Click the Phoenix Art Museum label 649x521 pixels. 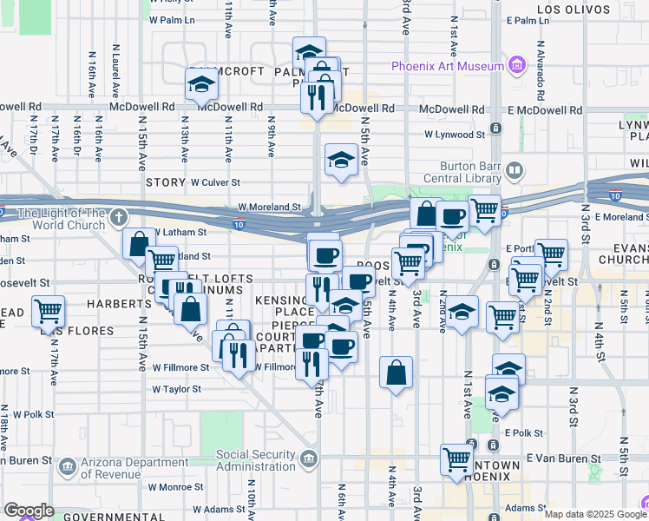(x=447, y=66)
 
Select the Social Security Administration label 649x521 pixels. (x=256, y=460)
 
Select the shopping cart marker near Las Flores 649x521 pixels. (x=49, y=311)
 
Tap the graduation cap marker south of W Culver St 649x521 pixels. (x=341, y=160)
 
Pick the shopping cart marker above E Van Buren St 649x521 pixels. (x=456, y=458)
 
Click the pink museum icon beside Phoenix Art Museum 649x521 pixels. (x=517, y=65)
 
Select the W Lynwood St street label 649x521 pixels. (x=454, y=135)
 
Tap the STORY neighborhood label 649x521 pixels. (x=166, y=182)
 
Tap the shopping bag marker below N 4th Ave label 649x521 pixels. (x=396, y=373)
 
